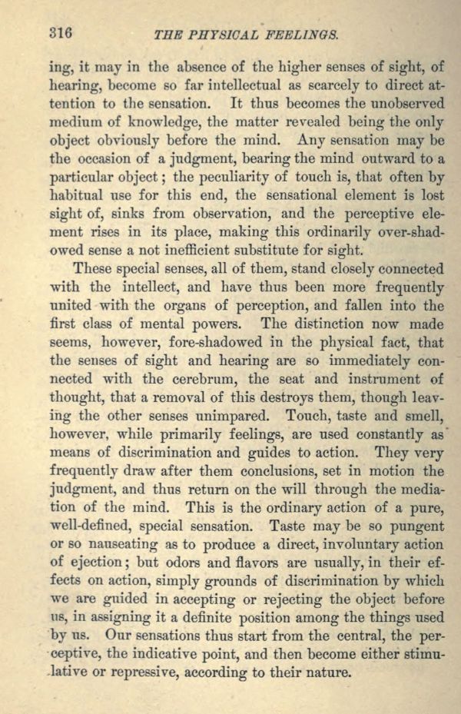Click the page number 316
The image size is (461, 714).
[x=59, y=33]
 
